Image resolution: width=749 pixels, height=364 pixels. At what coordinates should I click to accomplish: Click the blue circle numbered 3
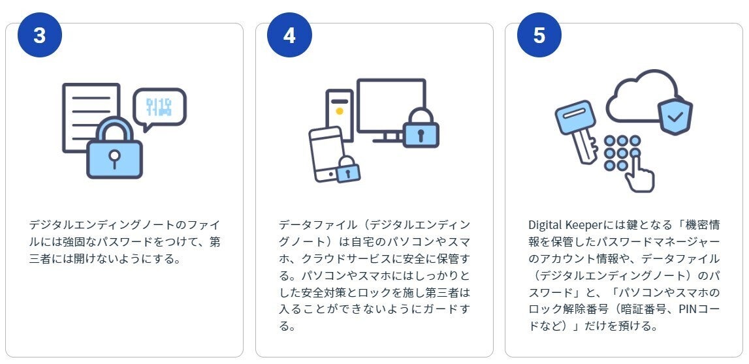click(x=40, y=35)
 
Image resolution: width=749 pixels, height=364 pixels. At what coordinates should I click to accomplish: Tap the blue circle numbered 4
click(x=289, y=35)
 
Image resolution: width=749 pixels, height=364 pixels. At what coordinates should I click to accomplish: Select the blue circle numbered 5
click(x=539, y=35)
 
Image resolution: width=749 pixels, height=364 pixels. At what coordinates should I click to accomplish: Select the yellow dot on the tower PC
click(x=340, y=111)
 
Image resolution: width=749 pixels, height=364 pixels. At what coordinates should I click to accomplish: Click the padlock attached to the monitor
click(x=421, y=128)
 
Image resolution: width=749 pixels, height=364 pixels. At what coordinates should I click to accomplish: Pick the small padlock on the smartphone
click(x=348, y=170)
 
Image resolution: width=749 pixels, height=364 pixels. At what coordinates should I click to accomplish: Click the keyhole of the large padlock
click(x=114, y=157)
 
